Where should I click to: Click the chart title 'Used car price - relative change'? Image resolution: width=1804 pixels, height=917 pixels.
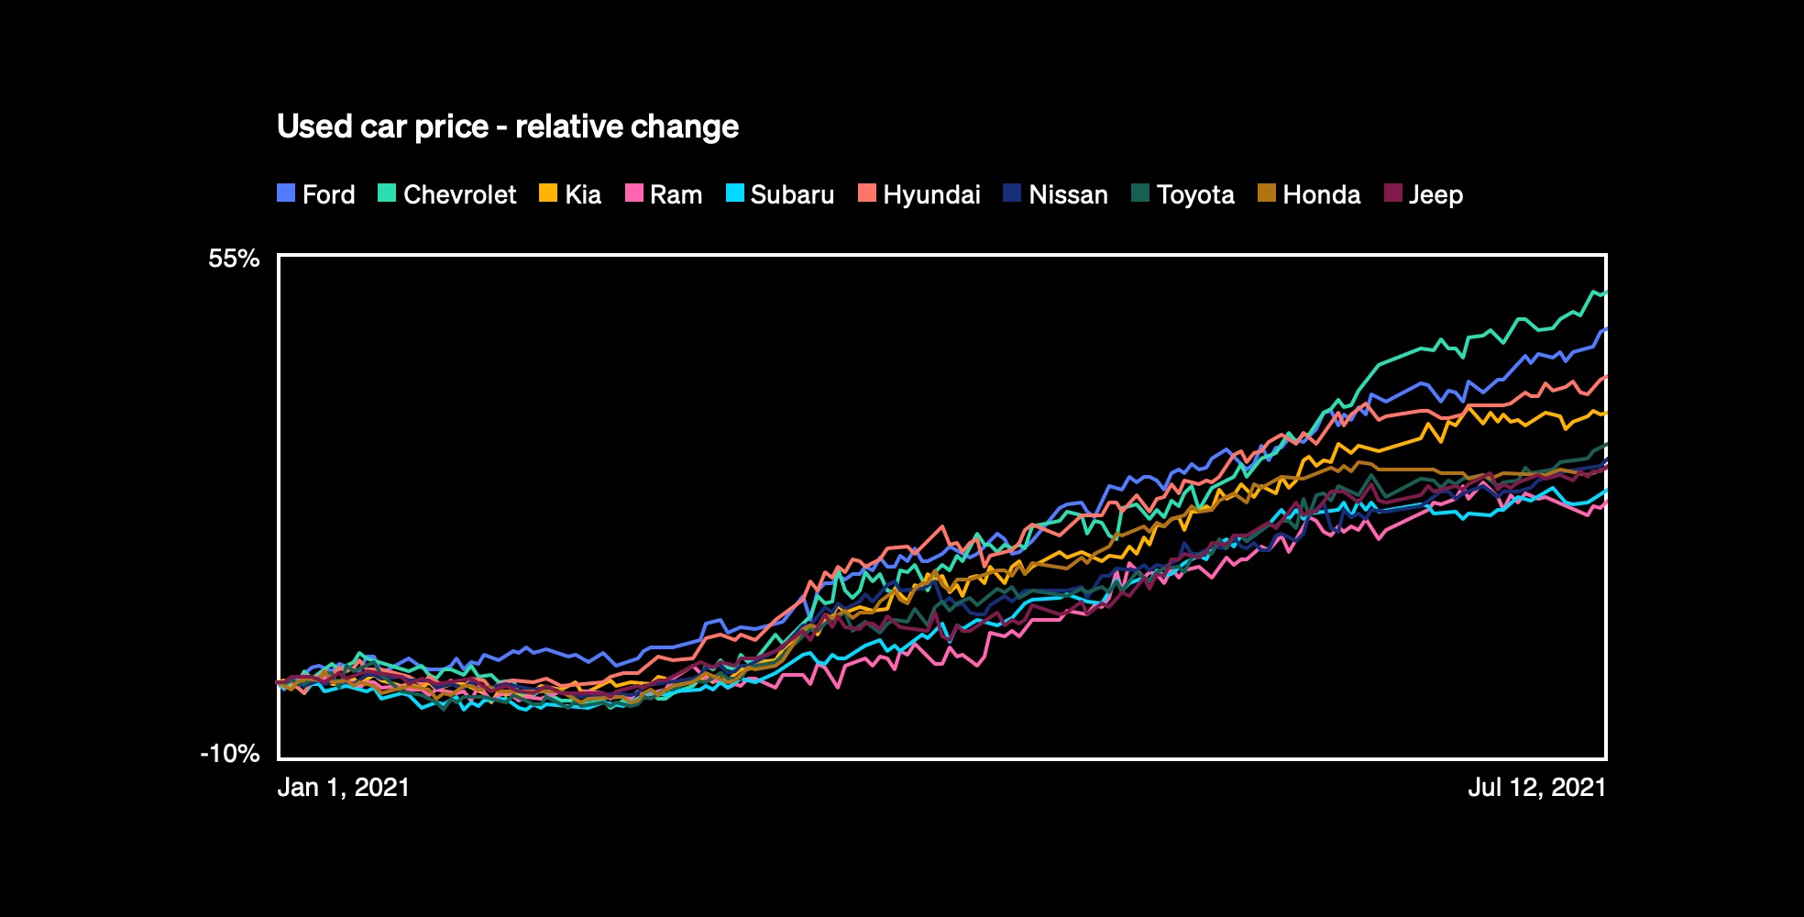point(507,127)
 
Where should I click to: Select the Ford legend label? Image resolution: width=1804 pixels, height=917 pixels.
point(328,194)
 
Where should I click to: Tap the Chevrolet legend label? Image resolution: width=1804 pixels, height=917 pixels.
point(459,194)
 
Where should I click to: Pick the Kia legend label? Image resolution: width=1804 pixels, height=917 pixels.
point(583,194)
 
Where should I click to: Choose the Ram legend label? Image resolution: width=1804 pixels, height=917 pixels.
point(676,194)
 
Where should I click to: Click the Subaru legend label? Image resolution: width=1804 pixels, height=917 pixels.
point(792,194)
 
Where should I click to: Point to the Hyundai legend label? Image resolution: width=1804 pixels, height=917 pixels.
point(931,194)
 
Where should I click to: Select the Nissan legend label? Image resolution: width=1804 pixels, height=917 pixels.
point(1068,194)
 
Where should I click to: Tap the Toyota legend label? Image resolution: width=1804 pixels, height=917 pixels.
point(1195,194)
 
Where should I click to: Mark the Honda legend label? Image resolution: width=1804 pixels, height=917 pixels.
point(1321,194)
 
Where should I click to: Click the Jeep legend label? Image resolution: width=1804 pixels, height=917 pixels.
point(1435,194)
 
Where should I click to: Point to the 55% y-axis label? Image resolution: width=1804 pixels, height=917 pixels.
point(234,259)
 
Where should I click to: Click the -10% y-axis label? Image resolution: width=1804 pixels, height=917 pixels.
point(230,754)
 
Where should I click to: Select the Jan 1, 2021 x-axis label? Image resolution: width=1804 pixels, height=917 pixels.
point(344,788)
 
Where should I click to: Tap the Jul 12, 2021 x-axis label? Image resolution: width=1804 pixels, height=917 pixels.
point(1537,788)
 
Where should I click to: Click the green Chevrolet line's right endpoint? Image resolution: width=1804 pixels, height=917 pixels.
point(1605,293)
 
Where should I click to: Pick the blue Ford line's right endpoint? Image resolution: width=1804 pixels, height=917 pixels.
point(1605,328)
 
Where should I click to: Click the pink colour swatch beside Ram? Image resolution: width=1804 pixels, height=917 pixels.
point(633,193)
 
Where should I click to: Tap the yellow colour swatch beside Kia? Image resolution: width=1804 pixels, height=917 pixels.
point(548,193)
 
